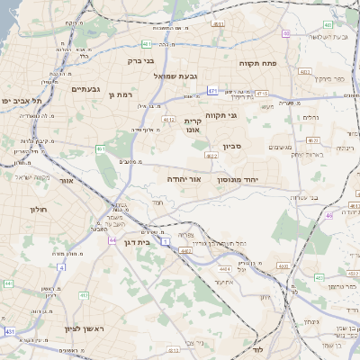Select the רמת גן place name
119,94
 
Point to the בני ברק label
140,62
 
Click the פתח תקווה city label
257,64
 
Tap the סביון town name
221,145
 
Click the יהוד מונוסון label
238,180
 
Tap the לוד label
257,347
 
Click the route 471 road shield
212,91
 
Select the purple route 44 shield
112,240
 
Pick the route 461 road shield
101,148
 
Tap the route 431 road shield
11,332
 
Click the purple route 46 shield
330,215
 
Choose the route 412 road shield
168,118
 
